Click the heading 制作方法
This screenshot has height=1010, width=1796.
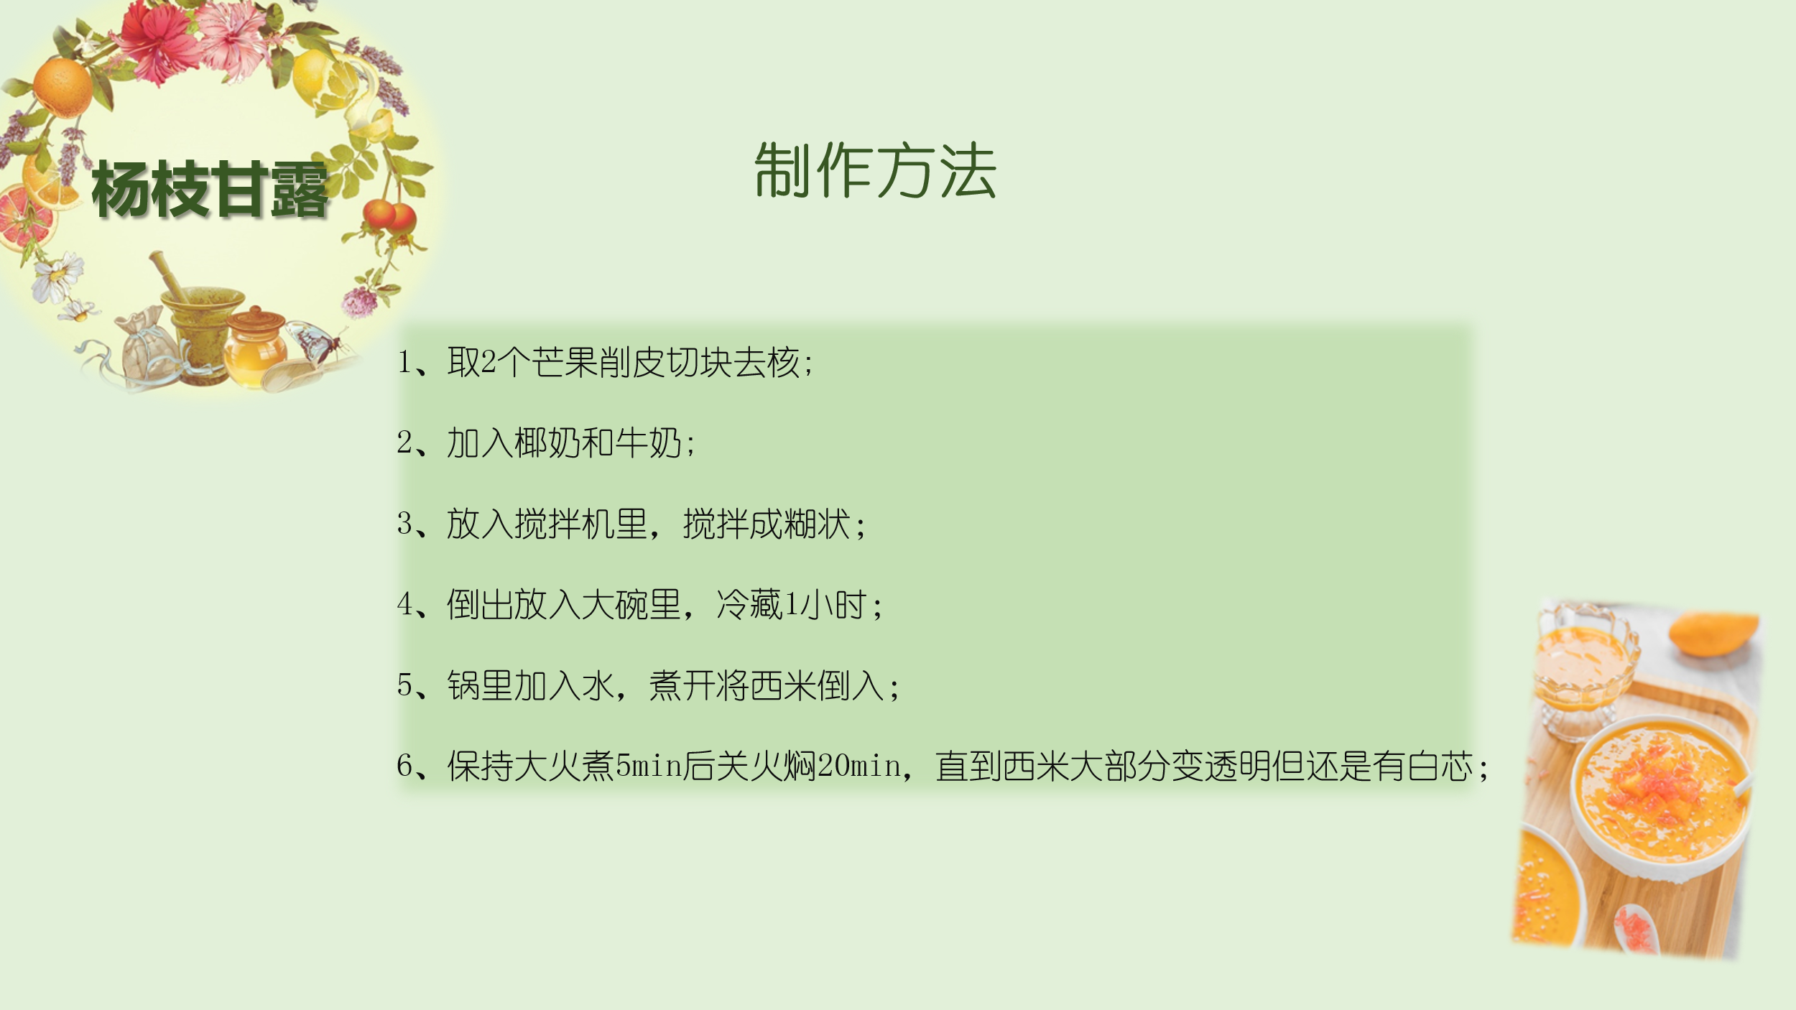875,170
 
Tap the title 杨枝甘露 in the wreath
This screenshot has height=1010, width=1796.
210,190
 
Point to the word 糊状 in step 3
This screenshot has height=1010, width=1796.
818,524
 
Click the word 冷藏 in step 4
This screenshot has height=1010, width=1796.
749,604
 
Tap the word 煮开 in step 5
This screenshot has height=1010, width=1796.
682,685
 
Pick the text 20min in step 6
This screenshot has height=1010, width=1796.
860,766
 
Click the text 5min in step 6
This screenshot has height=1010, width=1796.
649,766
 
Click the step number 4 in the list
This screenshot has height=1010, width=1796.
404,604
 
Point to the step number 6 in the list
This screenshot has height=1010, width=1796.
404,766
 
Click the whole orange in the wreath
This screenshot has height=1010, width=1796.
63,88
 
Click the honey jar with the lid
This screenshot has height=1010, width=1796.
255,346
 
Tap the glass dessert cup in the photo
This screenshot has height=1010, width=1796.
1586,664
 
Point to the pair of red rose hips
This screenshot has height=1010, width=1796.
390,215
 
